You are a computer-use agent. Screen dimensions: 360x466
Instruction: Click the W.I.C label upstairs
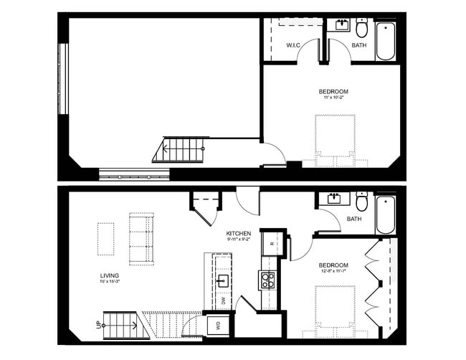[x=293, y=45]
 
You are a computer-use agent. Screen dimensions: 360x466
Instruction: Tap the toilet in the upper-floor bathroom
[x=362, y=29]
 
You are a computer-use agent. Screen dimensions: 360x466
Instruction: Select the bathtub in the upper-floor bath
[x=385, y=42]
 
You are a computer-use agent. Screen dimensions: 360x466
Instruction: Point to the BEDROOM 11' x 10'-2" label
[x=333, y=92]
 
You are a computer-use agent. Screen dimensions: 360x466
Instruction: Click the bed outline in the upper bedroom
[x=336, y=140]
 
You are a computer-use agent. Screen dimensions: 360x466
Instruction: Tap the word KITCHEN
[x=238, y=235]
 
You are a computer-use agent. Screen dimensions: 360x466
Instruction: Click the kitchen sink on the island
[x=223, y=280]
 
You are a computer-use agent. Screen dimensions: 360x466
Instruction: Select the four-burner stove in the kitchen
[x=267, y=280]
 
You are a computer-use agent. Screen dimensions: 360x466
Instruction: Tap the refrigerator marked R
[x=272, y=244]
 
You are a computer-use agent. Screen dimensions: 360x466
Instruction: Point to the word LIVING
[x=110, y=275]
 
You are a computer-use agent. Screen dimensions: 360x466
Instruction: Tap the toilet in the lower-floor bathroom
[x=362, y=199]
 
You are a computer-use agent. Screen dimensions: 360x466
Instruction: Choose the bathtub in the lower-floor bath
[x=385, y=214]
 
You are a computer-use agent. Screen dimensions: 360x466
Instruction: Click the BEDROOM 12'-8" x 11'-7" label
[x=333, y=266]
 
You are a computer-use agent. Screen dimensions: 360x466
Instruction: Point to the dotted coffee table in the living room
[x=106, y=238]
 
